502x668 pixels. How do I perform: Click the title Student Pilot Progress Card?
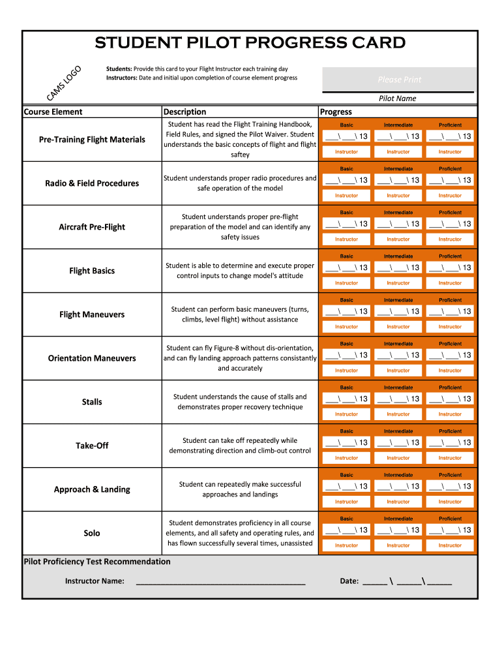pyautogui.click(x=250, y=43)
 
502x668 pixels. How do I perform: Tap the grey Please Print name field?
pyautogui.click(x=399, y=80)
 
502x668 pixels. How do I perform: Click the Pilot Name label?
pyautogui.click(x=398, y=99)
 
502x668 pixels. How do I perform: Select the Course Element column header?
pyautogui.click(x=53, y=112)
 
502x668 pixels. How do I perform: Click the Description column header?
pyautogui.click(x=185, y=112)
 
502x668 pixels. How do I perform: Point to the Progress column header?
pyautogui.click(x=336, y=112)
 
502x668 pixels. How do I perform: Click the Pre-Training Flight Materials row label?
pyautogui.click(x=92, y=140)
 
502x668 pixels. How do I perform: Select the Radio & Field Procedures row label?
pyautogui.click(x=92, y=183)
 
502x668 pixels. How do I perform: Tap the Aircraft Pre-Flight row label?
pyautogui.click(x=92, y=227)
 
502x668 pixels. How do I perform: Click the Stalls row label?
pyautogui.click(x=92, y=402)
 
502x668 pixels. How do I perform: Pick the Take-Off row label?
pyautogui.click(x=92, y=446)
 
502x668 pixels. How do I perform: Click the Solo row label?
pyautogui.click(x=92, y=533)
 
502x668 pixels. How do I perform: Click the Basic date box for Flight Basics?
pyautogui.click(x=346, y=267)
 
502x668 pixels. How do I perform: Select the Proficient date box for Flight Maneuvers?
pyautogui.click(x=450, y=311)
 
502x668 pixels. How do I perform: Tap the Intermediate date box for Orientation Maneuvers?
pyautogui.click(x=398, y=355)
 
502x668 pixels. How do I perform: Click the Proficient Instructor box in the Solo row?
pyautogui.click(x=450, y=545)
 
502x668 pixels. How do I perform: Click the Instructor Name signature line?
pyautogui.click(x=220, y=581)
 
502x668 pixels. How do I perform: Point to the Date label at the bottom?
pyautogui.click(x=349, y=581)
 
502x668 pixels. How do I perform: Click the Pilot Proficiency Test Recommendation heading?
pyautogui.click(x=97, y=562)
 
